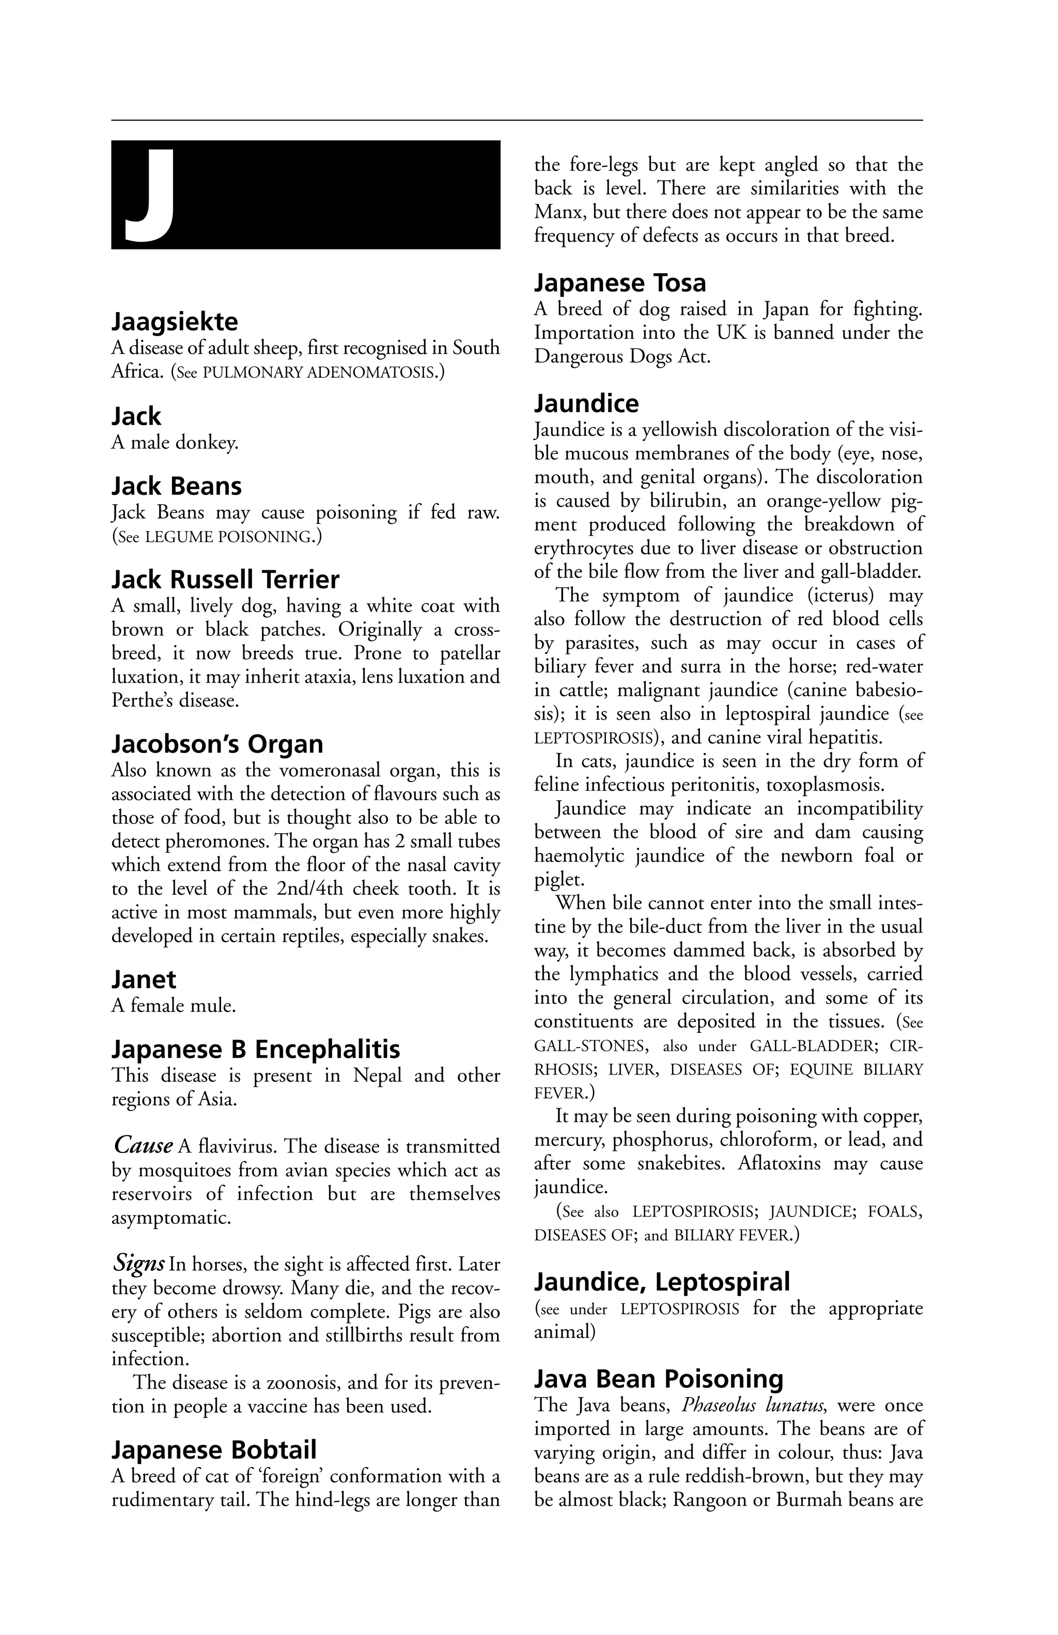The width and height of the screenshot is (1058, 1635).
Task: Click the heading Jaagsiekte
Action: click(x=175, y=321)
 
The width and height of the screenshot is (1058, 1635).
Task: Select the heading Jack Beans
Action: click(x=177, y=487)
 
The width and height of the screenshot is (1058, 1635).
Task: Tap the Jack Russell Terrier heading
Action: click(x=225, y=580)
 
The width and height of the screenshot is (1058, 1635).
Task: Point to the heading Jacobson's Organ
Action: click(x=217, y=744)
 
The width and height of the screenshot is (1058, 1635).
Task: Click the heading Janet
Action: click(x=144, y=979)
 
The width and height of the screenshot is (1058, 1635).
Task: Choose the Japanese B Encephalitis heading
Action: click(x=256, y=1049)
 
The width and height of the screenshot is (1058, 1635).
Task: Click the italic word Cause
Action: click(x=143, y=1146)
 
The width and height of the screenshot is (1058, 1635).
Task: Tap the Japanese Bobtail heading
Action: click(x=214, y=1450)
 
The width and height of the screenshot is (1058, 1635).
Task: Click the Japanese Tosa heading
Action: click(x=620, y=283)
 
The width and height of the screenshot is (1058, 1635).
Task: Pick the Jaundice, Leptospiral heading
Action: click(x=662, y=1282)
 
